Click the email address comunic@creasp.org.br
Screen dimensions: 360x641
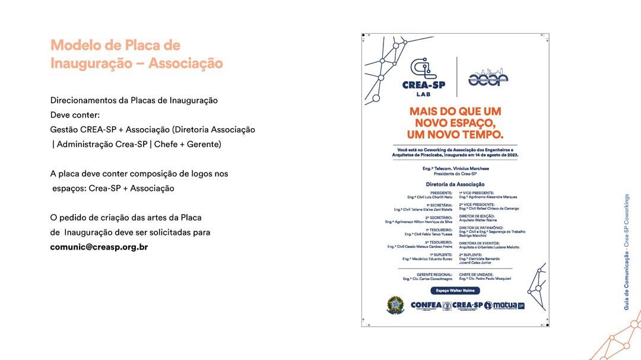[x=99, y=247]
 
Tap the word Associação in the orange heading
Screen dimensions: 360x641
[x=185, y=63]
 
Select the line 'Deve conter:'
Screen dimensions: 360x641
[x=75, y=114]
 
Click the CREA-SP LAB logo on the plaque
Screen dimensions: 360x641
[x=423, y=77]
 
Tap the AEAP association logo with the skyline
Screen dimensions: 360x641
[x=488, y=78]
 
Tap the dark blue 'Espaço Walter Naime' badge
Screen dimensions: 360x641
[x=455, y=291]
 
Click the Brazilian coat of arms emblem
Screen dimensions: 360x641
[x=395, y=305]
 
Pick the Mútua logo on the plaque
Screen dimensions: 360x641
[x=504, y=305]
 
